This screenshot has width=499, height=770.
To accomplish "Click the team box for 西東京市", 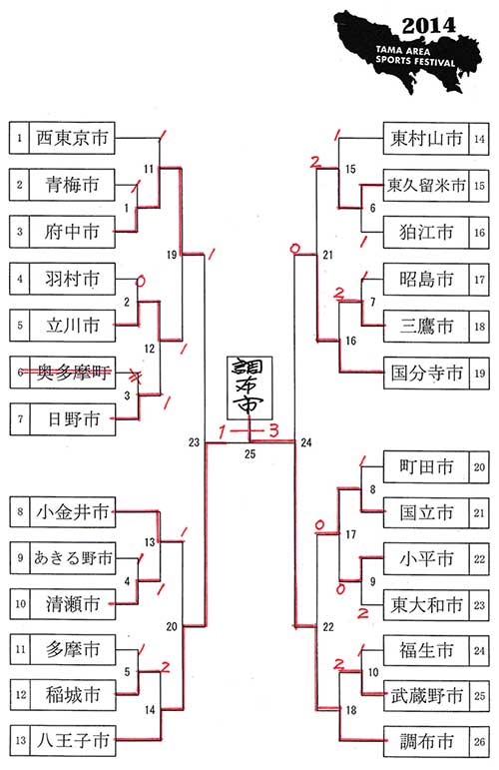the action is [72, 138].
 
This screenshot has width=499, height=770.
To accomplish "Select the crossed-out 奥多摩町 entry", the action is [73, 373].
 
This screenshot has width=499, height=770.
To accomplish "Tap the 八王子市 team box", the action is [73, 740].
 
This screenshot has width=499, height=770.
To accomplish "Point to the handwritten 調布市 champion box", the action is [249, 387].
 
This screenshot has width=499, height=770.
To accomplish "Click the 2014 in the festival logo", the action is [428, 26].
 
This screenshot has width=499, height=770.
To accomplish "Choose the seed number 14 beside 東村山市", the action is [479, 139].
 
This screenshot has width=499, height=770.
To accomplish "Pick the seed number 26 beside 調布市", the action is [479, 741].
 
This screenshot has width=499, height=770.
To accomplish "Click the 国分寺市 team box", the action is [426, 374].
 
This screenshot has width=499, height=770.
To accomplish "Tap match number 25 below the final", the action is [250, 454].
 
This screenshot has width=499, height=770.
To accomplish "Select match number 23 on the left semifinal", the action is [194, 442].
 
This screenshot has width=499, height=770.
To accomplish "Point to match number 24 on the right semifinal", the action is [306, 443].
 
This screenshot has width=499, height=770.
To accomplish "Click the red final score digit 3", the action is [273, 430].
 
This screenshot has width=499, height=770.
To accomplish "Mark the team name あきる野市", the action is [73, 558].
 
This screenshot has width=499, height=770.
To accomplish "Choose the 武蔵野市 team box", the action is [426, 696].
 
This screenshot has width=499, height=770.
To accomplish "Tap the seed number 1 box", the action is [19, 138].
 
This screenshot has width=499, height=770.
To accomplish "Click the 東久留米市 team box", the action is [426, 186].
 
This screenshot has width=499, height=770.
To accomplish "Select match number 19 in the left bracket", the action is [172, 255].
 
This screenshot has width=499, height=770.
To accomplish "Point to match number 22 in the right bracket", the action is [328, 627].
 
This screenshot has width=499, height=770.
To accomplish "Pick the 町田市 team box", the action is [426, 467].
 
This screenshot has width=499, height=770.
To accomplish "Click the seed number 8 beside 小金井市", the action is [20, 512].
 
